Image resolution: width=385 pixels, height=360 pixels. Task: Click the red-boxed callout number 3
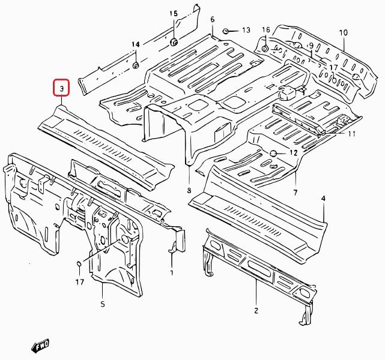62,88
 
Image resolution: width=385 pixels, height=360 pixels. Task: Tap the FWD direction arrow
40,346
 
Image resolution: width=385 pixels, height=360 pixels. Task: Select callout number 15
174,13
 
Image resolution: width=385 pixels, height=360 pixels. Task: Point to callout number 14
136,44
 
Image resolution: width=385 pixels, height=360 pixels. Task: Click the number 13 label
246,30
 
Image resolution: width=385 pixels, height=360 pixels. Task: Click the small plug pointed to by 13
225,31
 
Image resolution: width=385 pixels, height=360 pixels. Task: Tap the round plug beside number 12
273,153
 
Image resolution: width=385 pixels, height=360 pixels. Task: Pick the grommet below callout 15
174,41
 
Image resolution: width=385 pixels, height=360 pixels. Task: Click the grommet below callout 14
136,65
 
